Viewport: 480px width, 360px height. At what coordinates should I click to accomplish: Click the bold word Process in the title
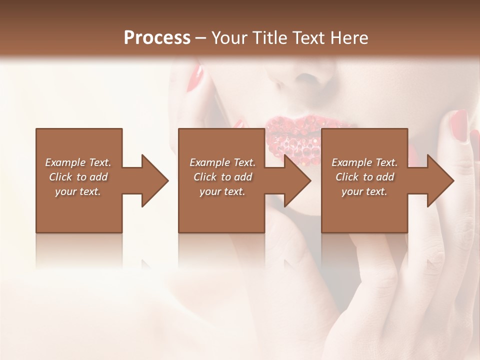point(157,38)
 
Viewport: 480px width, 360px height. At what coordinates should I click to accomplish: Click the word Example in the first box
point(65,162)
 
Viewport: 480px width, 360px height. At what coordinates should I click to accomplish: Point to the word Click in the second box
point(205,177)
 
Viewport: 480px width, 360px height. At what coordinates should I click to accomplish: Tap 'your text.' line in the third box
point(364,191)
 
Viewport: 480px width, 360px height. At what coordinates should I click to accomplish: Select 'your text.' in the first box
point(77,191)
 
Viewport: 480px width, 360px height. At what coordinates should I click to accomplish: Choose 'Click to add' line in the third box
point(364,177)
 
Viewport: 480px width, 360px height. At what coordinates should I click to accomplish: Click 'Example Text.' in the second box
point(222,162)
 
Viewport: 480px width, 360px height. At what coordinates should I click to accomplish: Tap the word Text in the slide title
point(308,38)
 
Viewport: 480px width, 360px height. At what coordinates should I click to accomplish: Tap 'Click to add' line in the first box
point(78,177)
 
